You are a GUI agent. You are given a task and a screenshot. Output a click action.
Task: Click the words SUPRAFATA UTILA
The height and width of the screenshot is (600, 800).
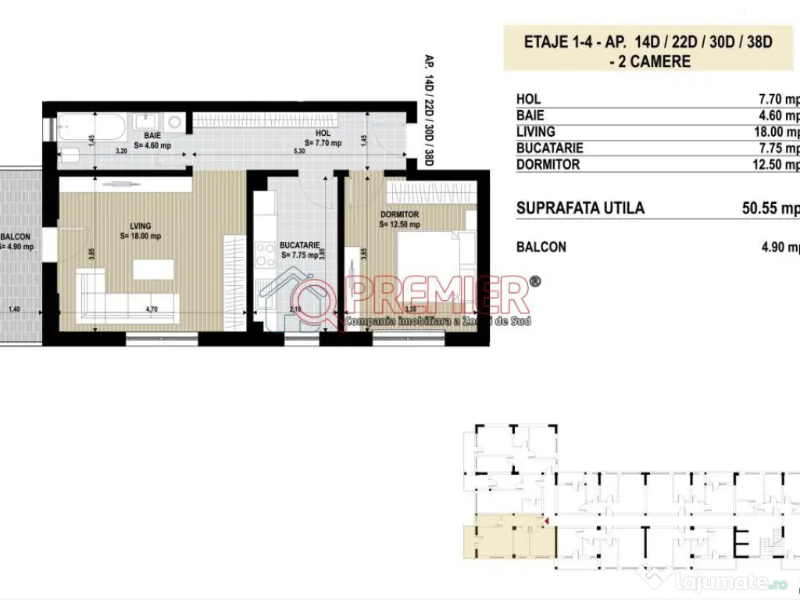[x=580, y=209]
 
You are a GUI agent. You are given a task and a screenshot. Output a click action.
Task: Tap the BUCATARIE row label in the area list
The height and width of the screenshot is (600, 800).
[x=550, y=148]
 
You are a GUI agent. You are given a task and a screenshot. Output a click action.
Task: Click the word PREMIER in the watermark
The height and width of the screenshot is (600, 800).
[x=437, y=295]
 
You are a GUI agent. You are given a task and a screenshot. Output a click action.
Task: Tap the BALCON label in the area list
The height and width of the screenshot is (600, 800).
[x=541, y=247]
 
